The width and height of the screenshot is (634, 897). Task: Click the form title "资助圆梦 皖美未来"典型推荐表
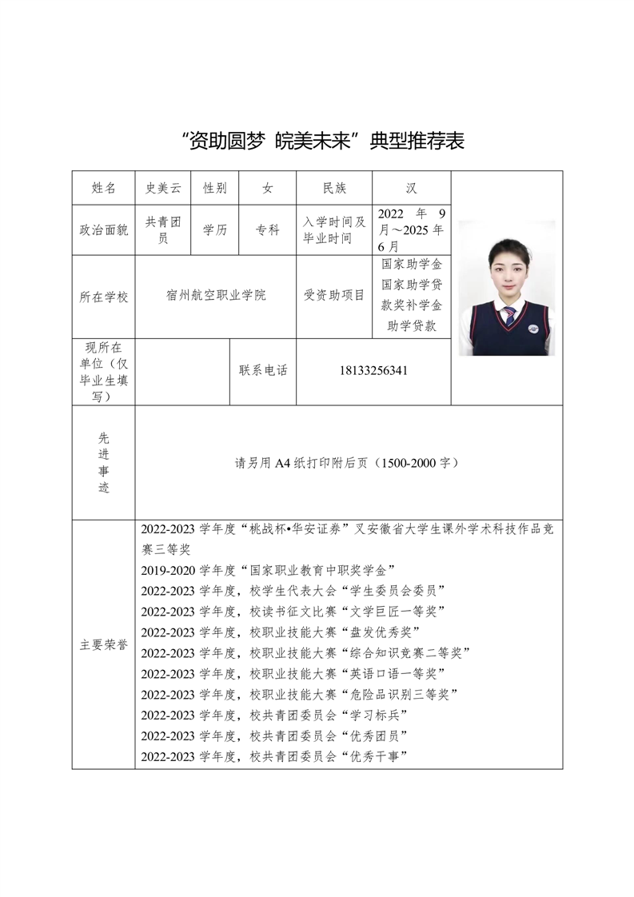[x=323, y=142]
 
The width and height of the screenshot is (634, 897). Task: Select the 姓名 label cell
[x=104, y=188]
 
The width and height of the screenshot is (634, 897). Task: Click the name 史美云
[x=163, y=188]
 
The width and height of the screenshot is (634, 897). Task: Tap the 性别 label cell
[x=215, y=188]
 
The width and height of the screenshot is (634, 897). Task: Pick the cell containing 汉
[x=411, y=188]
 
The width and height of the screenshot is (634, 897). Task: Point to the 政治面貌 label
[x=104, y=230]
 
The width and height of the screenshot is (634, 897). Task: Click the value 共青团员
[x=163, y=230]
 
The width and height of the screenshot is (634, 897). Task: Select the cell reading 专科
[x=268, y=230]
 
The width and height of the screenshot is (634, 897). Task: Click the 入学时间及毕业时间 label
[x=334, y=230]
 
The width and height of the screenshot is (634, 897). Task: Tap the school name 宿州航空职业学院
[x=216, y=296]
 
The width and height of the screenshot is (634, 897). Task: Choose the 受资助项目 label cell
[x=334, y=296]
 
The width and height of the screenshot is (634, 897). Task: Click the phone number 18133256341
[x=373, y=371]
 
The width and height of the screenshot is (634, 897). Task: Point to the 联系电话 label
[x=263, y=371]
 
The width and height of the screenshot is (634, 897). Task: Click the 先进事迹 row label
[x=104, y=463]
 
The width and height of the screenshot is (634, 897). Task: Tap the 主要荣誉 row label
[x=104, y=644]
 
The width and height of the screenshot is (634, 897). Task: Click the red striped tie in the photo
[x=509, y=315]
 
